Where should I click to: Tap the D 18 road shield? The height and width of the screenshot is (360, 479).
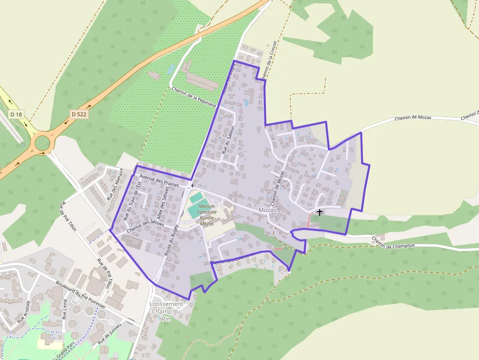[16, 114]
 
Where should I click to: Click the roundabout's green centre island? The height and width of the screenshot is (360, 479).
[42, 143]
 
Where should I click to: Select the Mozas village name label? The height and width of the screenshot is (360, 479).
[267, 210]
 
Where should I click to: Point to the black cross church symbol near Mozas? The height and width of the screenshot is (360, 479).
[320, 212]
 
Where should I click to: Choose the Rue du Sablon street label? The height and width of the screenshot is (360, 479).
[228, 140]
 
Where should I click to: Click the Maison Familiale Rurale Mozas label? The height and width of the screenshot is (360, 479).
[207, 215]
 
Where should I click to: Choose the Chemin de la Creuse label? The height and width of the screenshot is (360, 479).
[269, 60]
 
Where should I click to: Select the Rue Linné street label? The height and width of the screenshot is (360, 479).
[65, 309]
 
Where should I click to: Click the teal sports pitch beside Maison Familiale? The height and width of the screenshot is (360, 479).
[196, 198]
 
